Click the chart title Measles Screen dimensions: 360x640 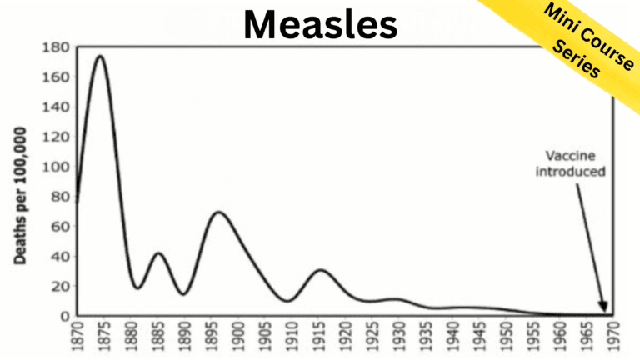pos(320,25)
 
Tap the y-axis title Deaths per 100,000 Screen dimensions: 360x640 pos(19,197)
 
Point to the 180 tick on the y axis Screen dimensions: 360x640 pos(52,47)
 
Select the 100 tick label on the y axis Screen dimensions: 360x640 pos(52,167)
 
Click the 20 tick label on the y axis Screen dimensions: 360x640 pos(56,287)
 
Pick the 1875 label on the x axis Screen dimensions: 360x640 pos(102,339)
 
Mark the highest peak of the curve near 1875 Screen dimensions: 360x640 pos(101,57)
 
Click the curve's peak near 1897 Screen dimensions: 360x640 pos(219,212)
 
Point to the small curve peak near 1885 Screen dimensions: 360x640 pos(159,252)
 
